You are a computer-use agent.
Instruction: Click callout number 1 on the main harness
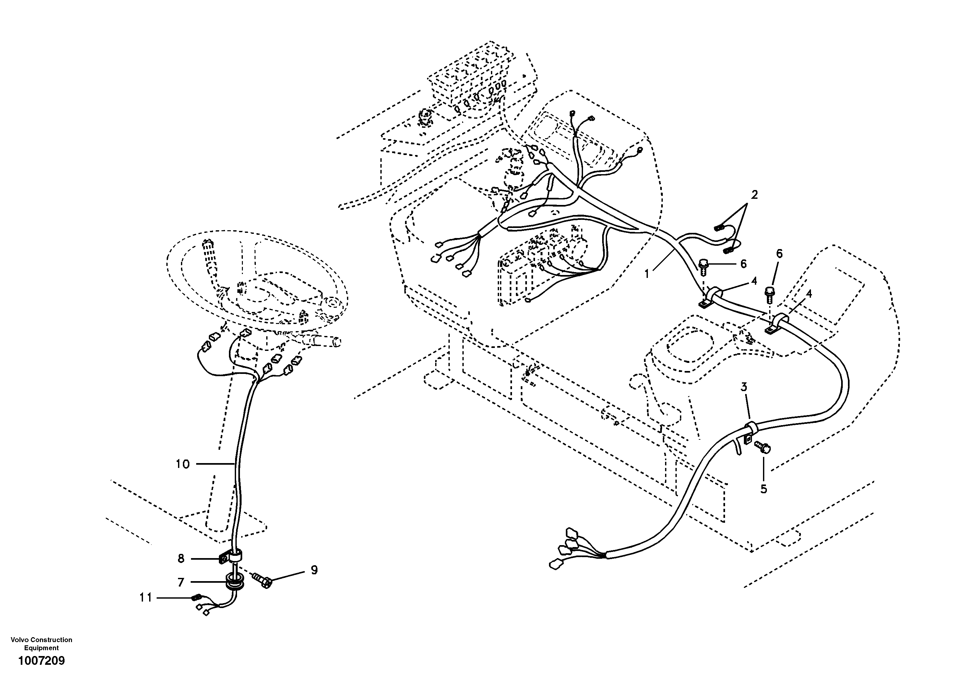647,274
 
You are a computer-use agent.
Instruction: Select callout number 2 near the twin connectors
755,195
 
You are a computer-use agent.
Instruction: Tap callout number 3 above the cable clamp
744,387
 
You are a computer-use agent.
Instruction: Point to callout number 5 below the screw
764,489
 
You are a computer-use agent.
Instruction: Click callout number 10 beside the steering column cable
183,464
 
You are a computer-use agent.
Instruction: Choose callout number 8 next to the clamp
181,559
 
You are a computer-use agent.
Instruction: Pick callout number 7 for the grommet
181,582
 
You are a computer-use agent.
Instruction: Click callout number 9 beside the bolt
314,570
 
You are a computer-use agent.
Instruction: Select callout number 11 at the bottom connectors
145,597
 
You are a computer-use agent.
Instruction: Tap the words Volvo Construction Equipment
41,644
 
